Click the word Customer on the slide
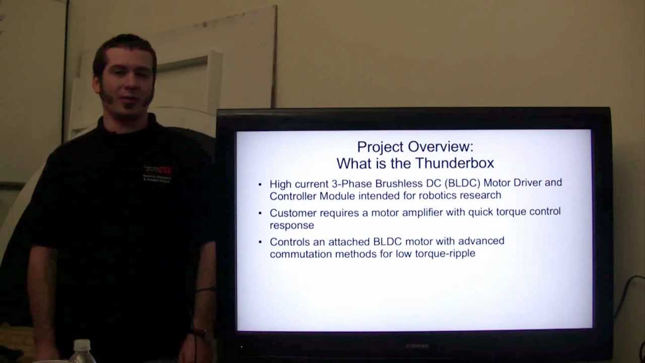coord(293,212)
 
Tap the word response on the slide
coord(292,225)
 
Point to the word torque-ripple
coord(445,254)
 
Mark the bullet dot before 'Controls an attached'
coord(260,242)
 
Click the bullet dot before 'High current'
coord(260,184)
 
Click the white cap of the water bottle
coord(82,345)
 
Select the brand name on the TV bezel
coord(417,346)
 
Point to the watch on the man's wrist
coord(201,333)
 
